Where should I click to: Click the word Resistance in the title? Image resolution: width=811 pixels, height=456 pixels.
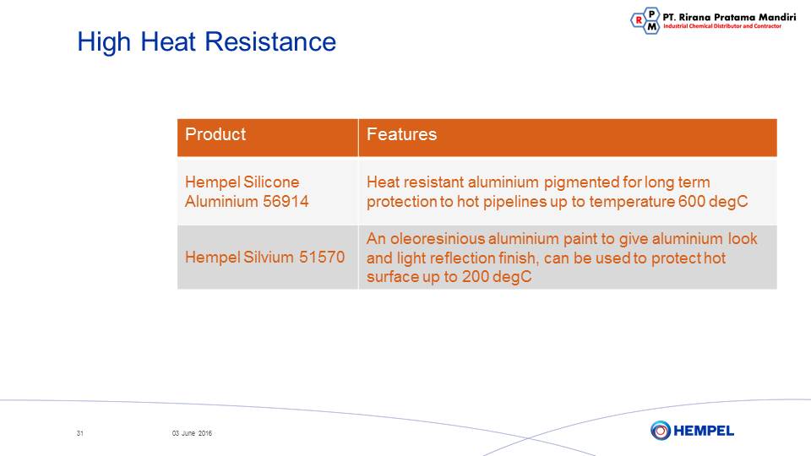click(x=270, y=41)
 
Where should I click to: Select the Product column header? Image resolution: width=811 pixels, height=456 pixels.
click(x=215, y=134)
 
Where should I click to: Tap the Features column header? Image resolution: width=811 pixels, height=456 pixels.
click(x=402, y=134)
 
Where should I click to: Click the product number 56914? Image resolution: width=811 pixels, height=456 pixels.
click(x=286, y=201)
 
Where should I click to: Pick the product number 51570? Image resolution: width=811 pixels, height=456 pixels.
click(x=322, y=257)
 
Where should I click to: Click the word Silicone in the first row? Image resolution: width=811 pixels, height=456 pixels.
click(x=271, y=182)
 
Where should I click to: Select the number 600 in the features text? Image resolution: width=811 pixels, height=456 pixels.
click(x=691, y=201)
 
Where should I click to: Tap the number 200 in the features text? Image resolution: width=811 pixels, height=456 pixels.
click(x=476, y=277)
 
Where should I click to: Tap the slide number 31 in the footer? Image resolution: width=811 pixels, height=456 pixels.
click(x=79, y=433)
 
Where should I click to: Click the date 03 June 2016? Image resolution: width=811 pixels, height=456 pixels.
click(x=192, y=433)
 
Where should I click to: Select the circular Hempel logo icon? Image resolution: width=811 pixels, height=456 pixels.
click(x=661, y=430)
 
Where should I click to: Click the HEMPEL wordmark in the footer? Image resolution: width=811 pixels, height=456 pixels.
click(x=704, y=431)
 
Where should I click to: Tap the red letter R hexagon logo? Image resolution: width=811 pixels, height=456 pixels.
click(x=639, y=20)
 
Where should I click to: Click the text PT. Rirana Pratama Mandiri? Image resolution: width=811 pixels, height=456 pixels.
click(x=729, y=17)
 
